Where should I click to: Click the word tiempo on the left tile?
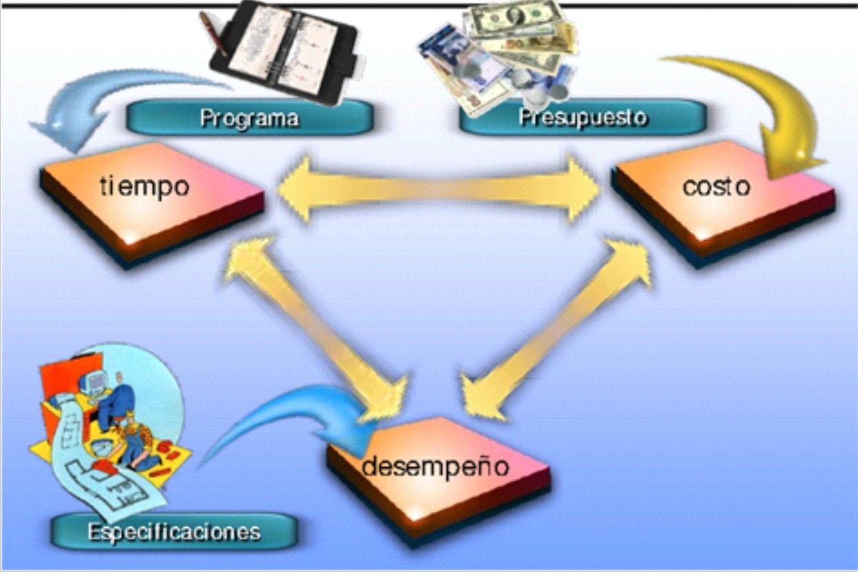(143, 186)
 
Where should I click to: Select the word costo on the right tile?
(716, 186)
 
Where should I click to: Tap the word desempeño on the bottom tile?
(435, 467)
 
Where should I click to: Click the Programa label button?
(250, 118)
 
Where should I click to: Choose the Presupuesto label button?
(583, 117)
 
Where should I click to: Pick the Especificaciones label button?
(174, 531)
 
